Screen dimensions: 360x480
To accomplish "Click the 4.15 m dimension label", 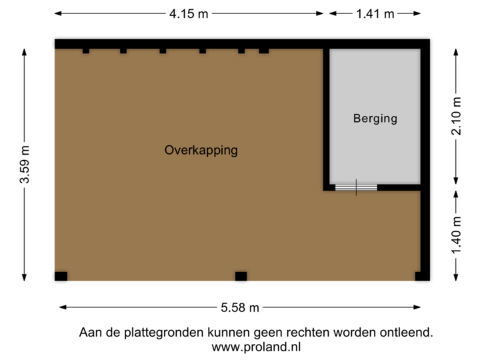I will click(189, 13).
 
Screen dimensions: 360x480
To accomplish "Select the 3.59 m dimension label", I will click(25, 164).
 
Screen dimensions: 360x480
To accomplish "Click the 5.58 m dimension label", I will click(240, 307).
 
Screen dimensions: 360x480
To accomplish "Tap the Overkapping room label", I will click(201, 150).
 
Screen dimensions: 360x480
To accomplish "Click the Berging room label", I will click(375, 119).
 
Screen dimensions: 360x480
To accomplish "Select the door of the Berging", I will click(356, 187).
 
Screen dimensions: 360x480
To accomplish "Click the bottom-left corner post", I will click(60, 277).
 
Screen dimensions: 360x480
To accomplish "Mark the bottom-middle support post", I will click(241, 277).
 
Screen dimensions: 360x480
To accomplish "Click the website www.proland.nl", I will click(256, 347).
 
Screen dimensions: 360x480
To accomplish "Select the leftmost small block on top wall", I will click(85, 51).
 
